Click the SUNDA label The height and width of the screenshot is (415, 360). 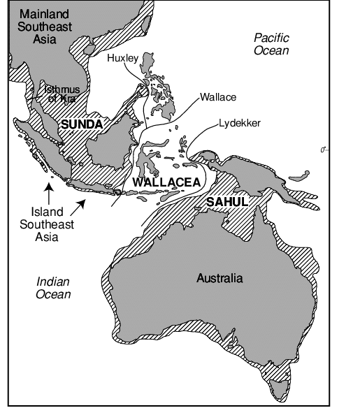point(81,124)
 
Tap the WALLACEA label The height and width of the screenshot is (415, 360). point(166,183)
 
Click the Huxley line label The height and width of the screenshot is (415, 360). point(123,59)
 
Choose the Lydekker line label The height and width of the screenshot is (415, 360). point(239,123)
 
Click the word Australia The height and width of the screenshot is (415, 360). point(219,279)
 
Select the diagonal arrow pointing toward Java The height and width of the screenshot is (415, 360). point(81,203)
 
